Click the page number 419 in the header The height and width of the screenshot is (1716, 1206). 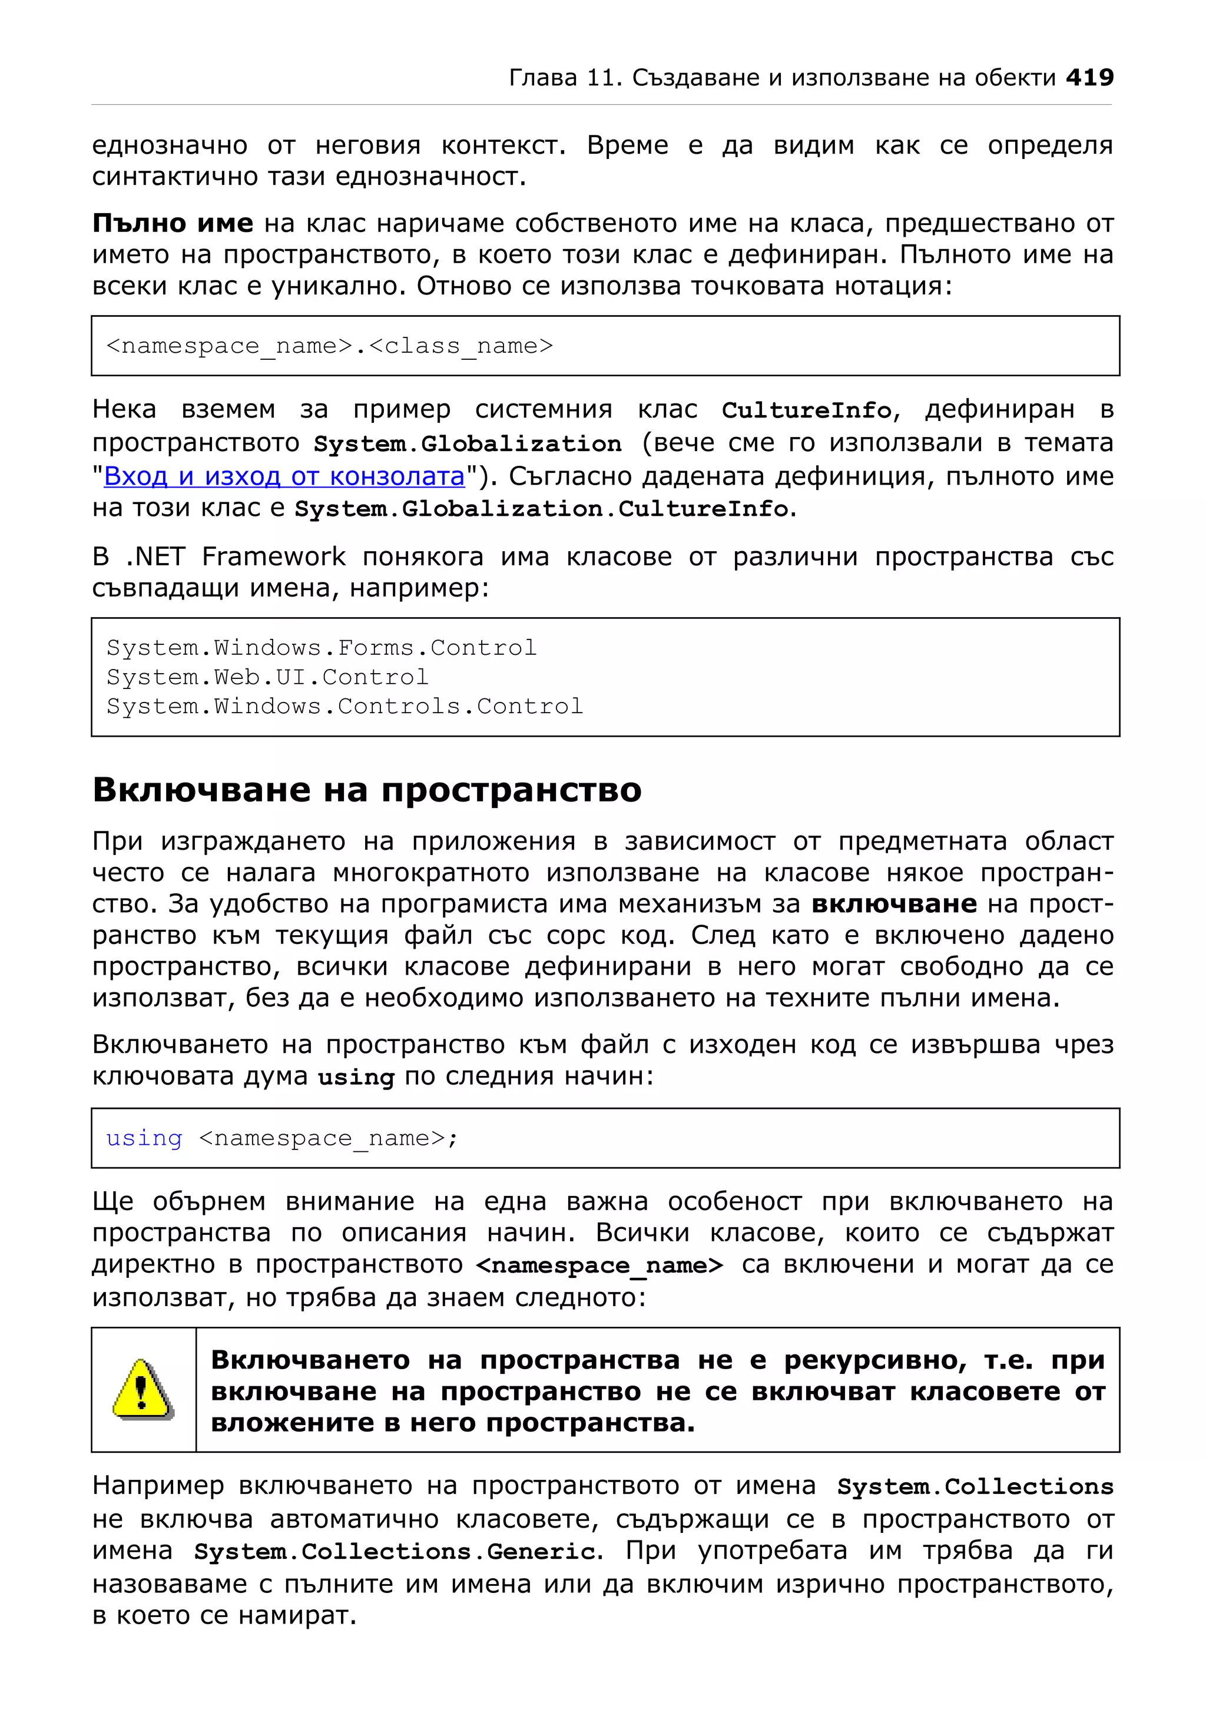1089,77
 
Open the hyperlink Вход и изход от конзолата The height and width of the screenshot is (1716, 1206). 284,476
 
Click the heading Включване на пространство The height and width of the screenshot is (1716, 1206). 367,790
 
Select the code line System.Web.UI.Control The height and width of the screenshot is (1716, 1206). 267,677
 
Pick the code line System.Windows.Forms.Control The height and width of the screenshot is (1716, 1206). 322,648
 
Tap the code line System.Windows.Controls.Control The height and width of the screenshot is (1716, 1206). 344,706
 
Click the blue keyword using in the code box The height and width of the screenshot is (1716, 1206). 144,1138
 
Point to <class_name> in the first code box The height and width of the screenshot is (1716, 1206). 461,346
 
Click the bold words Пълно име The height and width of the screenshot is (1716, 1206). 173,223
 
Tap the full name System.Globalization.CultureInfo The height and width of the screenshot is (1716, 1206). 542,509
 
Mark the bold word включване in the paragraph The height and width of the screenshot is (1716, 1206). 894,905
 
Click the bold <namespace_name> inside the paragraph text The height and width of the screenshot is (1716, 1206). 599,1266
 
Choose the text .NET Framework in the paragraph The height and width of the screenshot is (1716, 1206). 236,557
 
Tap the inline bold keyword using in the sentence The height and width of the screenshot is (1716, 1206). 356,1078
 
